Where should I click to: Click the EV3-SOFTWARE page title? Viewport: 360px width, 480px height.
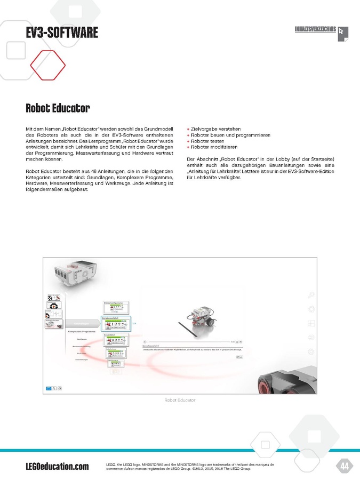click(x=62, y=33)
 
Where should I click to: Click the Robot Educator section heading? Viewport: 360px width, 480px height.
click(x=58, y=109)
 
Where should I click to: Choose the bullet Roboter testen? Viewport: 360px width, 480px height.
click(x=208, y=141)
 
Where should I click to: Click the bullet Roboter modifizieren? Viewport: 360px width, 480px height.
click(x=214, y=147)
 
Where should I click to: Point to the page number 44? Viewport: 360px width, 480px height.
click(x=344, y=467)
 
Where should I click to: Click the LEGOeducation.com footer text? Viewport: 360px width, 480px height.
click(x=57, y=467)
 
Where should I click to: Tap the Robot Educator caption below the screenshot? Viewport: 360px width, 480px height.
click(x=180, y=399)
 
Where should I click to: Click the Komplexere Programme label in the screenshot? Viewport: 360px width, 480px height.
click(x=82, y=332)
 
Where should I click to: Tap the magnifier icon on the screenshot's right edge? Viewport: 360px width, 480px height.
click(x=311, y=295)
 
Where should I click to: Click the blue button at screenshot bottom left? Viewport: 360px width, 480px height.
click(x=49, y=388)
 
